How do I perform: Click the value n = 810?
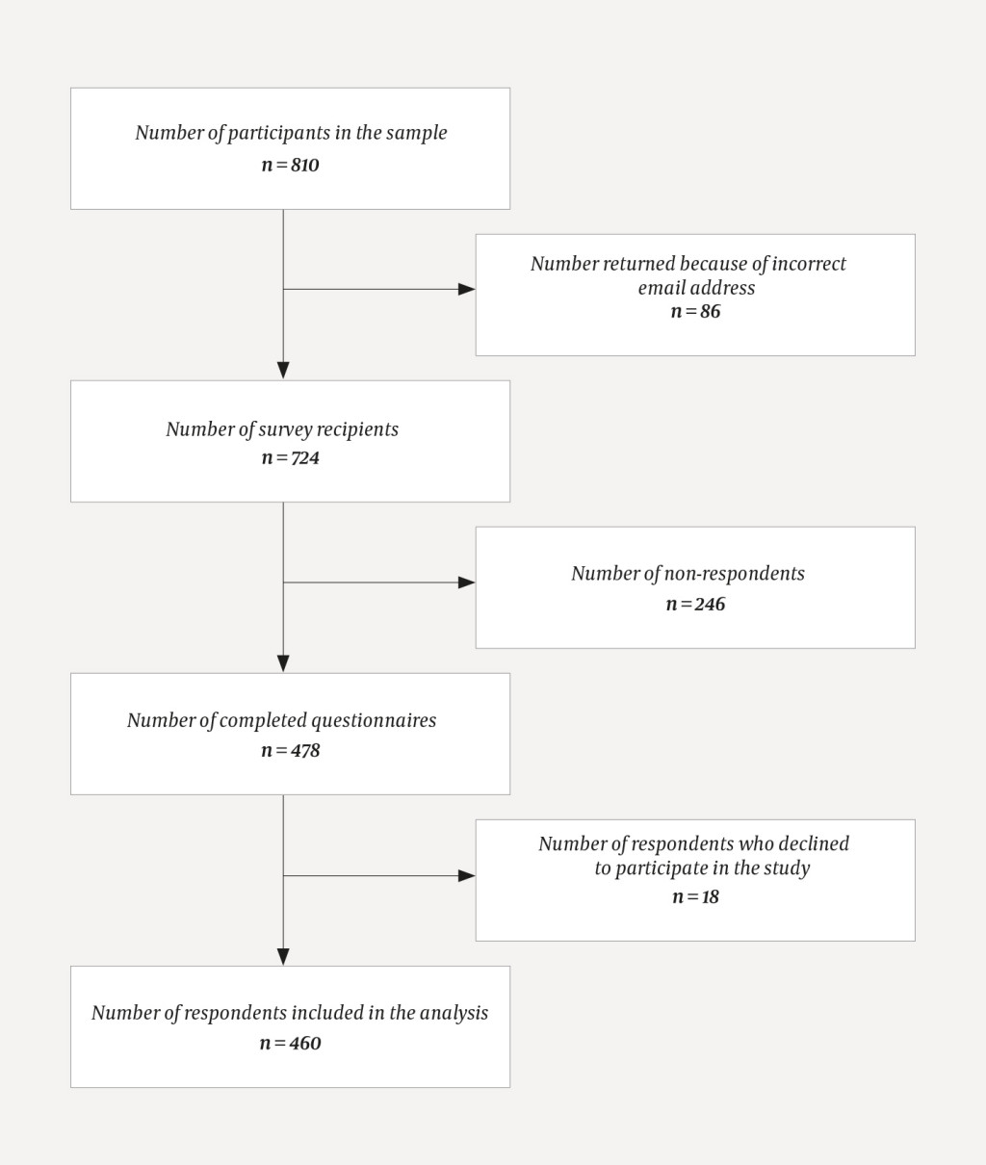click(x=290, y=165)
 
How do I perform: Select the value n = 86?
click(x=695, y=311)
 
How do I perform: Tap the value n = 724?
click(x=290, y=457)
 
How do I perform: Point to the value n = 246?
click(x=695, y=604)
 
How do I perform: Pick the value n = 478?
click(x=290, y=750)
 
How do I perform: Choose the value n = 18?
click(x=695, y=896)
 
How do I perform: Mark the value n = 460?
click(x=290, y=1043)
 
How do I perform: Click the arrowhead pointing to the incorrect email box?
click(x=467, y=289)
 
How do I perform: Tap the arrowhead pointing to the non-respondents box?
click(x=467, y=582)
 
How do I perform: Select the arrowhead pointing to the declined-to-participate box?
click(x=467, y=875)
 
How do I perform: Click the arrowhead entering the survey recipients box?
click(x=283, y=371)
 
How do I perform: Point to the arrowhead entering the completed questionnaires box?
click(x=283, y=663)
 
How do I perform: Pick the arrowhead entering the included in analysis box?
click(x=283, y=956)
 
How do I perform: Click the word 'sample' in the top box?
click(x=417, y=133)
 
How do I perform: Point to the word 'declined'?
click(x=815, y=844)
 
